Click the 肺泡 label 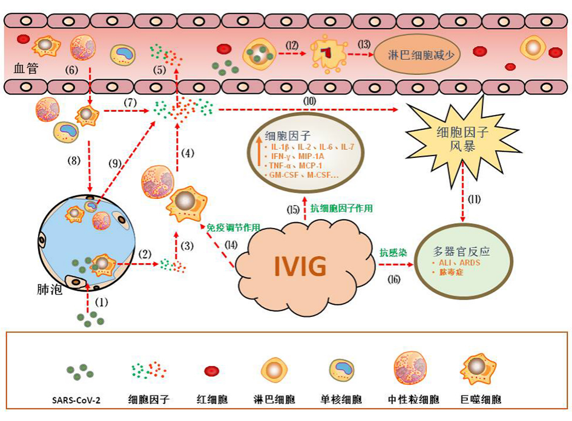(49, 290)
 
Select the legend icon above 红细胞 (212, 371)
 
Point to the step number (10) (309, 99)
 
